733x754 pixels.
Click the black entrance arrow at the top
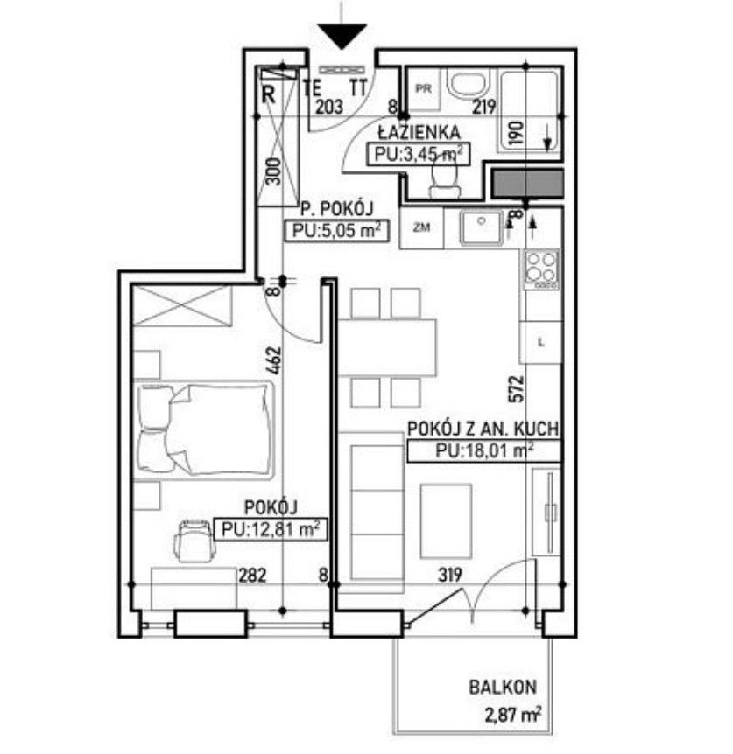pyautogui.click(x=342, y=36)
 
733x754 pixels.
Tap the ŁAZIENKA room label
pyautogui.click(x=419, y=132)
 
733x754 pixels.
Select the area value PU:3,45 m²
pyautogui.click(x=419, y=154)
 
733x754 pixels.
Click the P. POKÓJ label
pyautogui.click(x=337, y=209)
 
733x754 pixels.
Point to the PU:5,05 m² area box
pyautogui.click(x=336, y=230)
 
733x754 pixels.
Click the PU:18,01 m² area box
pyautogui.click(x=483, y=450)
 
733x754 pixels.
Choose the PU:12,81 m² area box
pyautogui.click(x=271, y=529)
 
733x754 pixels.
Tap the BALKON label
pyautogui.click(x=503, y=688)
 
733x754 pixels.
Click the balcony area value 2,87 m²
pyautogui.click(x=512, y=714)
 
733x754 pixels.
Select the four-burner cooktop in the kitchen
pyautogui.click(x=542, y=269)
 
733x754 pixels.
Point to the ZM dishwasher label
pyautogui.click(x=421, y=227)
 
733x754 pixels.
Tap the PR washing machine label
pyautogui.click(x=424, y=89)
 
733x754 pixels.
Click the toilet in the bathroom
pyautogui.click(x=445, y=180)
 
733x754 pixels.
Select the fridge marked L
pyautogui.click(x=541, y=342)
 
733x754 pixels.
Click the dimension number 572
pyautogui.click(x=516, y=388)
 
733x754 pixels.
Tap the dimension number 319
pyautogui.click(x=450, y=574)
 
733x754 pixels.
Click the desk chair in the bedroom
pyautogui.click(x=195, y=541)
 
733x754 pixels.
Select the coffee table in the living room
pyautogui.click(x=446, y=521)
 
